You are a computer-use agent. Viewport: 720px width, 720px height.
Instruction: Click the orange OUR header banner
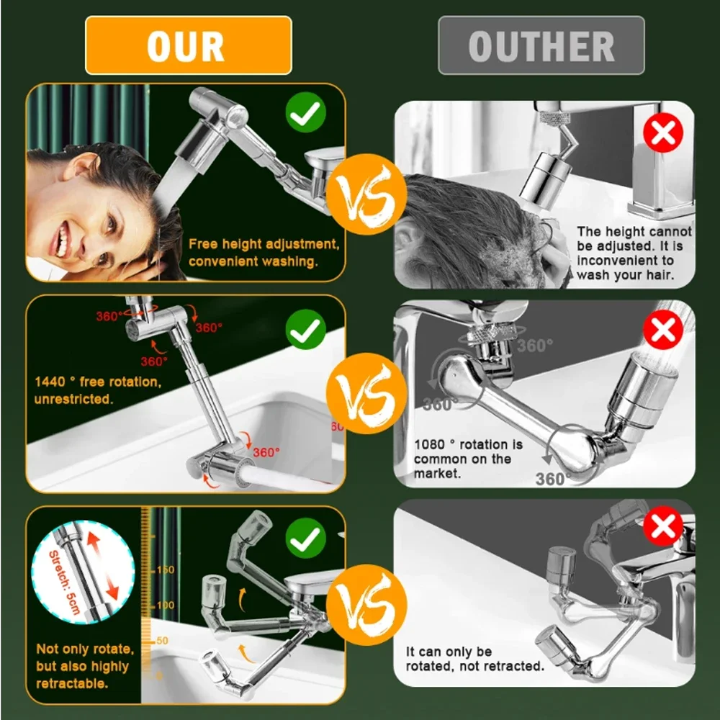188,45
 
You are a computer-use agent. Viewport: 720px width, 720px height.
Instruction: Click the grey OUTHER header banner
541,45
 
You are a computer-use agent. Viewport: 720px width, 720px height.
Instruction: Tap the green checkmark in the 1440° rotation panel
306,330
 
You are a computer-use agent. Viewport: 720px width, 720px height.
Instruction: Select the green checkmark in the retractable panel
306,537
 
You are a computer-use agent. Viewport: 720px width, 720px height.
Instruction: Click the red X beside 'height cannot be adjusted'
663,132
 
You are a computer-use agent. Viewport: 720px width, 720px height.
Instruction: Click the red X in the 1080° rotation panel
663,330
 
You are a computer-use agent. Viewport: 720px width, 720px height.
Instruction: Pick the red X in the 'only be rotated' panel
663,528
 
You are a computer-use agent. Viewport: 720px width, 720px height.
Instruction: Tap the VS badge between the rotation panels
366,393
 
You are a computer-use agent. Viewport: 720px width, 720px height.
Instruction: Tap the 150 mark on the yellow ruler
165,570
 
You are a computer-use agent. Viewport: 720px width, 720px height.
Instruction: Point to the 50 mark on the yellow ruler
161,639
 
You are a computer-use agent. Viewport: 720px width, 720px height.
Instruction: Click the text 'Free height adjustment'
264,244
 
